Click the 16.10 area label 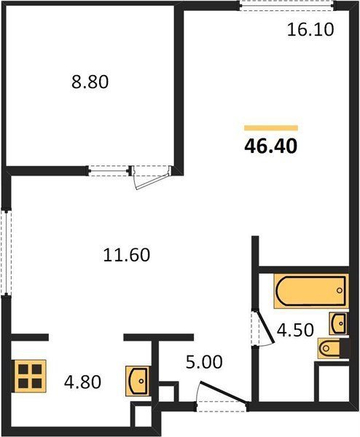tap(310, 30)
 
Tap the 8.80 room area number tap(90, 82)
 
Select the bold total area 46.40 tap(271, 146)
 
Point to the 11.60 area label tap(126, 255)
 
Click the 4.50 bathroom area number tap(295, 330)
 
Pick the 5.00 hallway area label tap(204, 362)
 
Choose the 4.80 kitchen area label tap(82, 382)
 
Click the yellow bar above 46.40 tap(271, 128)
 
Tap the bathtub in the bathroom tap(311, 291)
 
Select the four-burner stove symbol tap(30, 377)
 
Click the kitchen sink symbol tap(137, 381)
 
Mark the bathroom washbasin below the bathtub tap(339, 323)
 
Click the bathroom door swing tap(263, 328)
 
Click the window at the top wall tap(287, 6)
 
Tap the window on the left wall tap(6, 252)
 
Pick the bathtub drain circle tap(339, 291)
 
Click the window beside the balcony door tap(109, 170)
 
